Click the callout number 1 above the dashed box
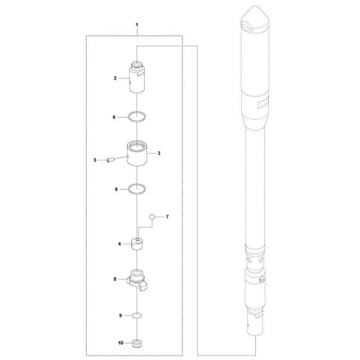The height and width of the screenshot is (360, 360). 137,25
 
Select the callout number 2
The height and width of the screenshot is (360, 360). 115,78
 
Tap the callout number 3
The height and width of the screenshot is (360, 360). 159,153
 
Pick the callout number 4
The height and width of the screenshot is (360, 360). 120,244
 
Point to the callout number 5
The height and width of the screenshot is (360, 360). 95,160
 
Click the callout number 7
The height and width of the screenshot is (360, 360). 167,217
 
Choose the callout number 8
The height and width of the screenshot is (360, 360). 115,279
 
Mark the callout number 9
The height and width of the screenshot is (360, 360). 121,316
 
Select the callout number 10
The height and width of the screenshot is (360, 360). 121,343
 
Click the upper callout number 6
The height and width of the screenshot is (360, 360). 114,117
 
